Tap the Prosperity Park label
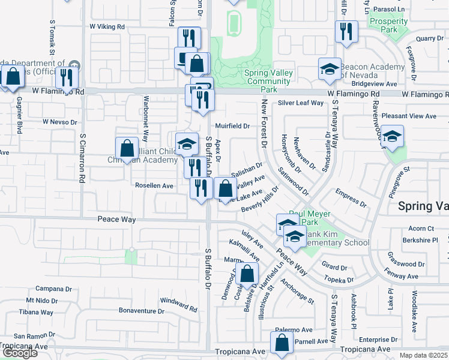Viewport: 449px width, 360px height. coord(389,25)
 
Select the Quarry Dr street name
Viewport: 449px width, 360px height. coord(429,38)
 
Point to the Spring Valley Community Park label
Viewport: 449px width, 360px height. coord(269,81)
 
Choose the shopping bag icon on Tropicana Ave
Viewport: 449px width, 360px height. coord(282,343)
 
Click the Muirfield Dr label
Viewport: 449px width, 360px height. coord(233,126)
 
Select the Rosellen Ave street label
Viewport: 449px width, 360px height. coord(154,186)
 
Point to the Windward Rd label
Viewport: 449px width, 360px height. coord(178,304)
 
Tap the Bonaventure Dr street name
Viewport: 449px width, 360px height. coord(142,311)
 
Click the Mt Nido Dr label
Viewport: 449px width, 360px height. coord(41,300)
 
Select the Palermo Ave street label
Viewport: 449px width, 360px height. coord(294,330)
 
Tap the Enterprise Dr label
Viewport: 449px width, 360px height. coord(374,340)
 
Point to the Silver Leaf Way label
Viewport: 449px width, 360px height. coord(301,103)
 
